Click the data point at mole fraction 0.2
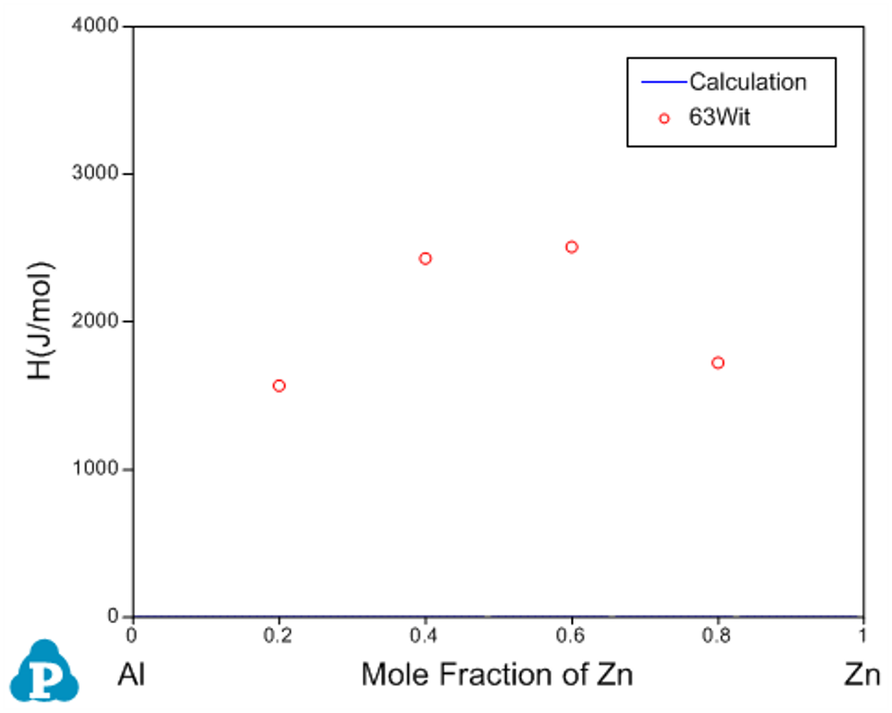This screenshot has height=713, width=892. coord(279,385)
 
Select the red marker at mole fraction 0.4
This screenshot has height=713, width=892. coord(426,258)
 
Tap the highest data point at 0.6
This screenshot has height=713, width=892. coord(572,247)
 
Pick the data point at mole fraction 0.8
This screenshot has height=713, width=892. coord(718,362)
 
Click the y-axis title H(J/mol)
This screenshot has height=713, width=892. coord(42,321)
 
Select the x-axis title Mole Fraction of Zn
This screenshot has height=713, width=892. coord(497,674)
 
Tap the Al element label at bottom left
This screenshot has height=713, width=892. coord(132,674)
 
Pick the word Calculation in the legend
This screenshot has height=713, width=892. coord(748,81)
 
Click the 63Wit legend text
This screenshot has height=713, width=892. coord(720,118)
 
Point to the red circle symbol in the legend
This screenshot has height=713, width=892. coord(663,119)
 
